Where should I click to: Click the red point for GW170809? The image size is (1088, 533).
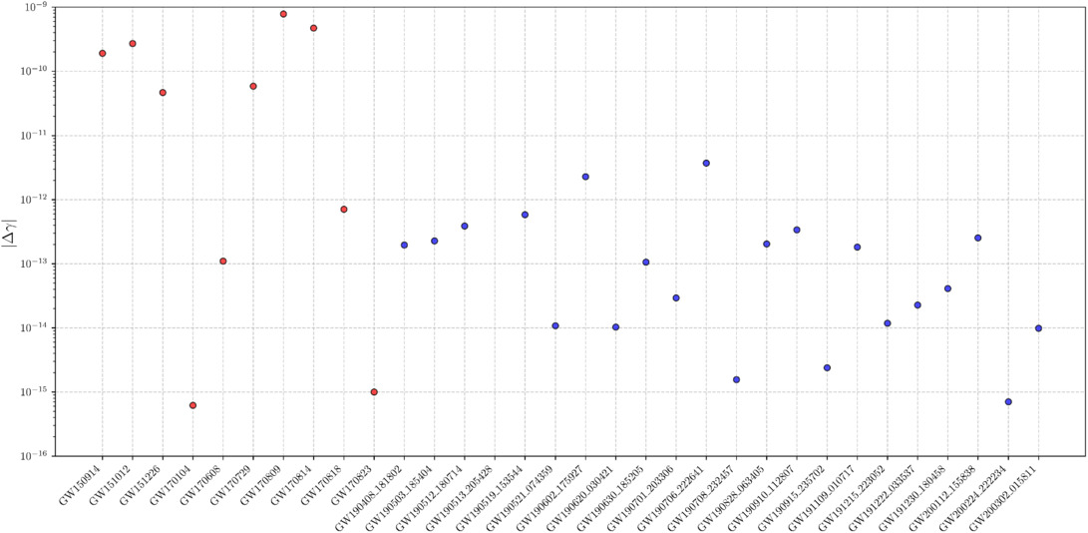tap(283, 14)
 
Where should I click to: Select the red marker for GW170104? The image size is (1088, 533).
tap(192, 405)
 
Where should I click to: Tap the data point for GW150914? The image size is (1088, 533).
tap(103, 53)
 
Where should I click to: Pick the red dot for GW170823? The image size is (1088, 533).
tap(374, 392)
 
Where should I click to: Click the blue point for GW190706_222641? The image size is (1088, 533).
tap(706, 163)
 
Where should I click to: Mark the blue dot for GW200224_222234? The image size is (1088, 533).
tap(1008, 401)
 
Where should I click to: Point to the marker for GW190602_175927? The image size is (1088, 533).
tap(585, 177)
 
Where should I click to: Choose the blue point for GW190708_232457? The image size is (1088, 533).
tap(736, 379)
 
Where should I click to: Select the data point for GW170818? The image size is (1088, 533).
tap(344, 210)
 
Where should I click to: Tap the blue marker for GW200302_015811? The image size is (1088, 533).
tap(1039, 328)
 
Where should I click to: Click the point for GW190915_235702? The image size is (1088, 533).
tap(827, 368)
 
